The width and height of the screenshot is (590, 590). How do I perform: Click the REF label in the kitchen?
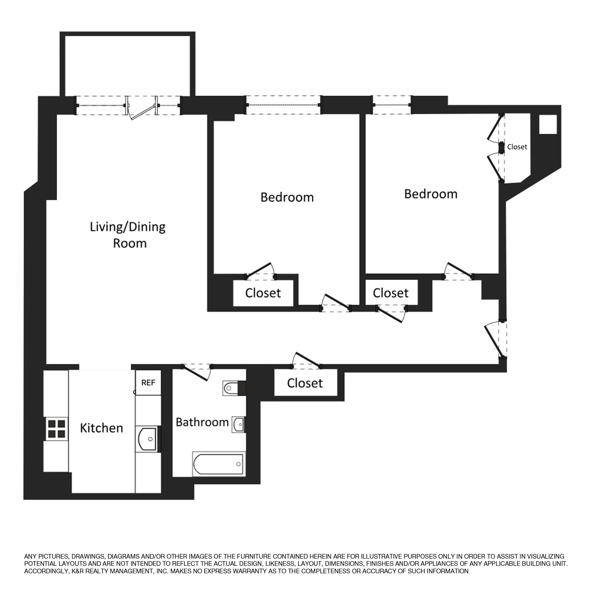pyautogui.click(x=148, y=383)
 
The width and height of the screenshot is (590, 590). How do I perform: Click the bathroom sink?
pyautogui.click(x=238, y=424)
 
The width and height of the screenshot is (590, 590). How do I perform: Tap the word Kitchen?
pyautogui.click(x=101, y=428)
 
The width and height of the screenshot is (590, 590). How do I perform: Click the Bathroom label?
pyautogui.click(x=202, y=422)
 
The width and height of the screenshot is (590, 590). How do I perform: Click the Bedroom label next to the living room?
pyautogui.click(x=287, y=197)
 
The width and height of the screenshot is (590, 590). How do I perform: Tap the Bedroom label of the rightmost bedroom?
pyautogui.click(x=431, y=194)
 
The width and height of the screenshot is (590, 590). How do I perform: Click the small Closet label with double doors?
pyautogui.click(x=517, y=147)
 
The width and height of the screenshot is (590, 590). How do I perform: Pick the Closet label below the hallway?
pyautogui.click(x=305, y=383)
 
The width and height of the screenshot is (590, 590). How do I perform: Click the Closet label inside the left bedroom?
pyautogui.click(x=263, y=293)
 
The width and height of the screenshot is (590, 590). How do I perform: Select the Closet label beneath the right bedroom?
pyautogui.click(x=391, y=293)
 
